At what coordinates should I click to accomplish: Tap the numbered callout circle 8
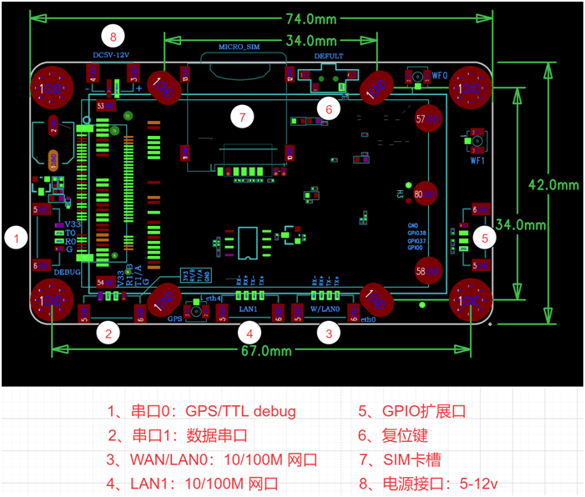[113, 36]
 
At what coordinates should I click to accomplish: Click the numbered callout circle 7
[242, 117]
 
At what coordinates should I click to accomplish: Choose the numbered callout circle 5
[487, 237]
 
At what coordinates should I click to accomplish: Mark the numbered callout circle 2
[106, 333]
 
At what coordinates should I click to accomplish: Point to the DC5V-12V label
[112, 56]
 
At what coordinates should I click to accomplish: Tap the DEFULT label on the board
[329, 56]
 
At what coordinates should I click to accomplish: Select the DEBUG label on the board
[68, 272]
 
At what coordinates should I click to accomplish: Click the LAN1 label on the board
[249, 308]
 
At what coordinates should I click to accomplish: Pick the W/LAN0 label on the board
[325, 308]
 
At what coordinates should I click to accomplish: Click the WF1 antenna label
[477, 159]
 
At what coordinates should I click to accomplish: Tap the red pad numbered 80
[426, 193]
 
